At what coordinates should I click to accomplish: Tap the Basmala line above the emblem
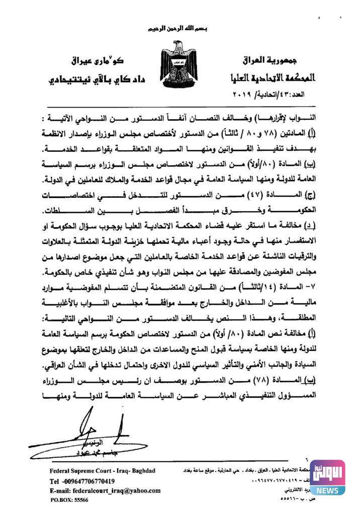[x=180, y=31]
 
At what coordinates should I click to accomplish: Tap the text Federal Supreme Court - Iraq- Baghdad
[x=103, y=471]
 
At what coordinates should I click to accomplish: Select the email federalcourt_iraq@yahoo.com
[x=105, y=490]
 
